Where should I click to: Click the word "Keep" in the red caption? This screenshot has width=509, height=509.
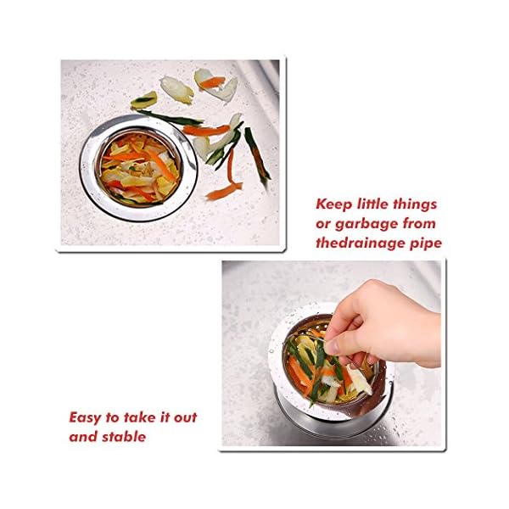click(333, 204)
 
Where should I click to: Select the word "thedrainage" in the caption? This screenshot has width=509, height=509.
click(360, 243)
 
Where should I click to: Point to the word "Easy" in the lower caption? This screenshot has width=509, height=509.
click(85, 418)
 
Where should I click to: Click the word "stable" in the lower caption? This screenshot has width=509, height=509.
click(124, 437)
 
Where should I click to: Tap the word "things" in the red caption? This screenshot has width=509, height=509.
click(415, 204)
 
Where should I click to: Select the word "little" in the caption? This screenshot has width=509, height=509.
click(372, 204)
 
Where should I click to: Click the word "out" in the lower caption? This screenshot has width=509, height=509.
click(185, 417)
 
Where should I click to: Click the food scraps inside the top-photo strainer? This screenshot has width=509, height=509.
click(141, 170)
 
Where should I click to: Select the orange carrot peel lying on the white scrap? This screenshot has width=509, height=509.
click(211, 82)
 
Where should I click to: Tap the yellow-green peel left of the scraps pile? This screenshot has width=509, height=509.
click(144, 100)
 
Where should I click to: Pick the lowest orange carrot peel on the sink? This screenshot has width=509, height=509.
click(224, 192)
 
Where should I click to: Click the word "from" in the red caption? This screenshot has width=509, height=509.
click(419, 224)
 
